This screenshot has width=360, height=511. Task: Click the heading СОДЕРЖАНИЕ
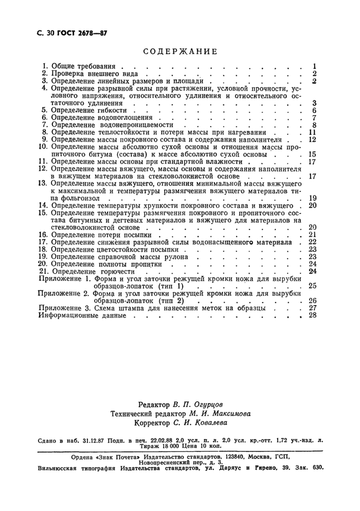click(x=180, y=51)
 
